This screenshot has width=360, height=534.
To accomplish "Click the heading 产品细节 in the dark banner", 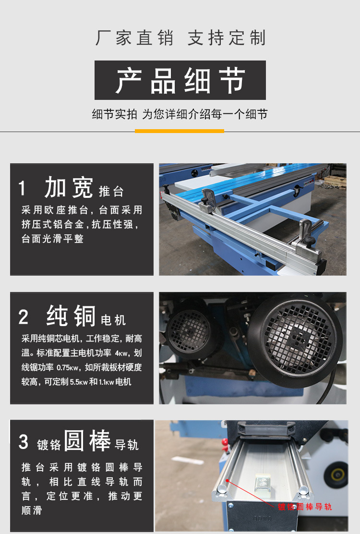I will (x=180, y=80).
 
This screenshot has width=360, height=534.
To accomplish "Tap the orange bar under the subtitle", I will (x=180, y=131).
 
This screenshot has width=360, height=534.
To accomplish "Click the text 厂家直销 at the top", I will (x=134, y=38).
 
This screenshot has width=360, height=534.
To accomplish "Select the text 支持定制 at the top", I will (x=227, y=38).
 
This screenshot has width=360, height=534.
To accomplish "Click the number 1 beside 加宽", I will (x=22, y=188).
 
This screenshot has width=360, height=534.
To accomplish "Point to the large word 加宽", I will (x=69, y=187).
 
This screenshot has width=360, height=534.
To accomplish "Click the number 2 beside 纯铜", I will (x=24, y=317).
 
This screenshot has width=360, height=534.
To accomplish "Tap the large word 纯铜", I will (x=71, y=316).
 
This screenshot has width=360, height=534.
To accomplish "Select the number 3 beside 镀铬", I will (x=24, y=442).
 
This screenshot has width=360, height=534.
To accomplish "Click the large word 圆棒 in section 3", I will (x=87, y=441).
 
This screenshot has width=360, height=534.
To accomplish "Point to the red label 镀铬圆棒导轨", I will (x=305, y=507).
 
